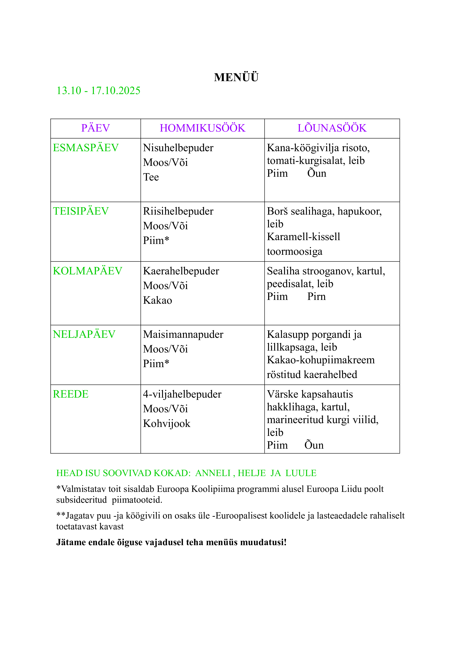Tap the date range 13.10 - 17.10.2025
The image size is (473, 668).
pyautogui.click(x=98, y=91)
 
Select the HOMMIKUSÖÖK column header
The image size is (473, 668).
pyautogui.click(x=202, y=128)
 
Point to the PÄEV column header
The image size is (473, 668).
pyautogui.click(x=96, y=128)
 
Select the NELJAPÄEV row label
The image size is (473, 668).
pyautogui.click(x=84, y=335)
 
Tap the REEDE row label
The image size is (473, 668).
pyautogui.click(x=71, y=394)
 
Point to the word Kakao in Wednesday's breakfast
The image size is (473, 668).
pyautogui.click(x=157, y=300)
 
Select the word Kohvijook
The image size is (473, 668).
pyautogui.click(x=167, y=424)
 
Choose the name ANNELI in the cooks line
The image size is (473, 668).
pyautogui.click(x=213, y=473)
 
